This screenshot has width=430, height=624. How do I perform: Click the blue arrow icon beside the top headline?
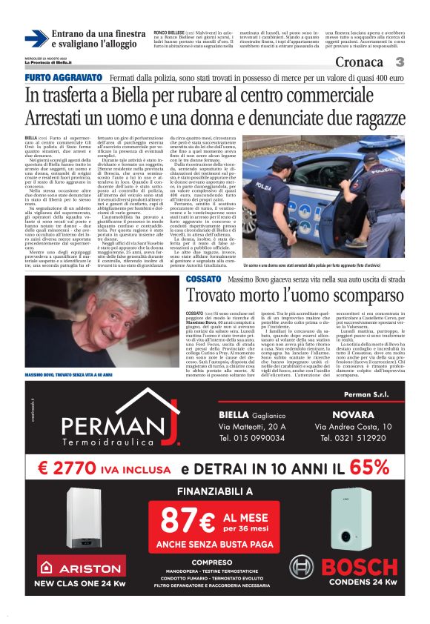[36, 39]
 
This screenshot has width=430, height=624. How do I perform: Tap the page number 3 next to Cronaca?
[399, 62]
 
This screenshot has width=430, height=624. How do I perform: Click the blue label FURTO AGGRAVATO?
[63, 78]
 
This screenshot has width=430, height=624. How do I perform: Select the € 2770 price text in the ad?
[70, 468]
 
